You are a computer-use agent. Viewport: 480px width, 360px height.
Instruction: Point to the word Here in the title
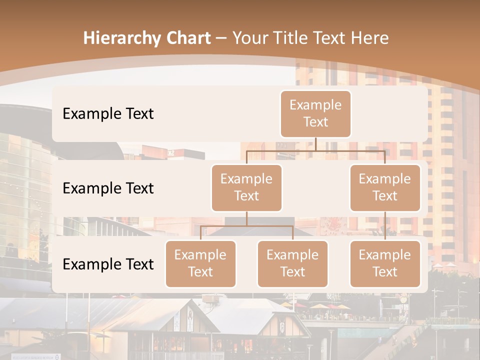[x=368, y=38]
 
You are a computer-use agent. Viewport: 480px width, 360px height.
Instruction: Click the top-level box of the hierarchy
[x=315, y=114]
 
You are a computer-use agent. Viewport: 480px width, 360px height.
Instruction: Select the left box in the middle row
[x=246, y=188]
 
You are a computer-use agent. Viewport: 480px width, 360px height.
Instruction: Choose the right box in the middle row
[x=385, y=188]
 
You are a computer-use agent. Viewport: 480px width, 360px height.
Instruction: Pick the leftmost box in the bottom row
[x=200, y=264]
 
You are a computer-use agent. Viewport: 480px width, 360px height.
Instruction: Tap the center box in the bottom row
[x=292, y=264]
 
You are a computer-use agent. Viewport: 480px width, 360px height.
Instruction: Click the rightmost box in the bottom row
[x=385, y=264]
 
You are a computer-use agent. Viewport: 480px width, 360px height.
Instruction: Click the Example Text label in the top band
[x=108, y=114]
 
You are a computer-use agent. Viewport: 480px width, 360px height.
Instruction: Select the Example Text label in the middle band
[x=108, y=188]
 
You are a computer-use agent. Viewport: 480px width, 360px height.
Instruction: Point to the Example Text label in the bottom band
[x=108, y=264]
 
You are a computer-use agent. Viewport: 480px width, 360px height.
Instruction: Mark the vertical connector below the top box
[x=315, y=144]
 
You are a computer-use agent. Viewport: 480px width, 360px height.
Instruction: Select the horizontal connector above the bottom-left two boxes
[x=246, y=226]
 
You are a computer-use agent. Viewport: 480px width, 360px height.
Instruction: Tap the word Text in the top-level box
[x=315, y=122]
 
